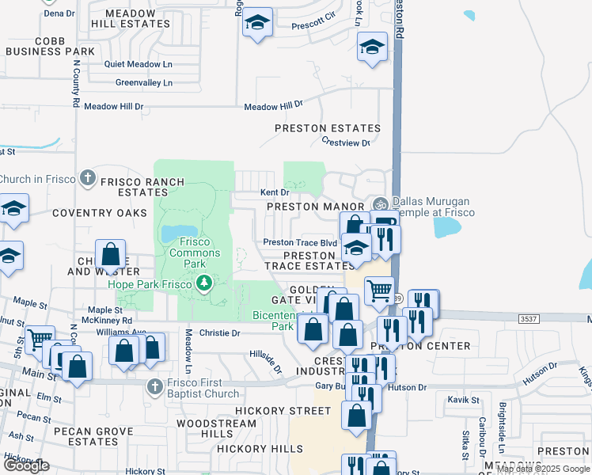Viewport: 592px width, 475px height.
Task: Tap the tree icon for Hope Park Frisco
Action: point(205,283)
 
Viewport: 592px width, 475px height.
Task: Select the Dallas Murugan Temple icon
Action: point(381,203)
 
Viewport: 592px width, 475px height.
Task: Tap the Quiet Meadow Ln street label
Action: point(139,64)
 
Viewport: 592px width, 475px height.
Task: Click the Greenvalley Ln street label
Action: point(143,82)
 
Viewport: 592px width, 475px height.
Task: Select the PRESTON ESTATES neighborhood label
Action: point(328,127)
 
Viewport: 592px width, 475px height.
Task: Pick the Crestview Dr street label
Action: point(346,142)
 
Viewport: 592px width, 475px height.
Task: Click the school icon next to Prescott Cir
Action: point(256,22)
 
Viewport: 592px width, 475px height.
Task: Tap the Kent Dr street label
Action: point(275,192)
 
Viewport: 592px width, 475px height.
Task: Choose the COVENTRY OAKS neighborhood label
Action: point(100,213)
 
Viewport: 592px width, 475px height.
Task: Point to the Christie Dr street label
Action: point(219,333)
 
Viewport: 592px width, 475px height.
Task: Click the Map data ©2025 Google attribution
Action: point(542,469)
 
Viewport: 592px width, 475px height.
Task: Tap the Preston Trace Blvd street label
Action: point(300,243)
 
